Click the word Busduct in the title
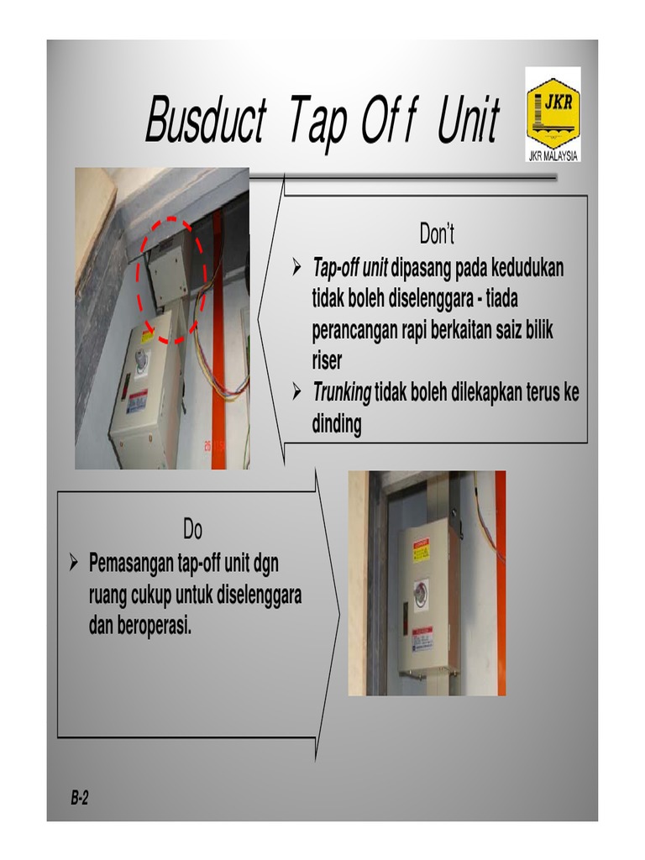coord(205,120)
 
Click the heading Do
coord(192,531)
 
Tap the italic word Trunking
coord(342,391)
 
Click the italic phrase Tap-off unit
coord(350,269)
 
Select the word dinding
coord(337,425)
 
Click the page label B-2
coord(80,798)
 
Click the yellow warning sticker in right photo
coord(421,550)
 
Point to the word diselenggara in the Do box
coord(259,595)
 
